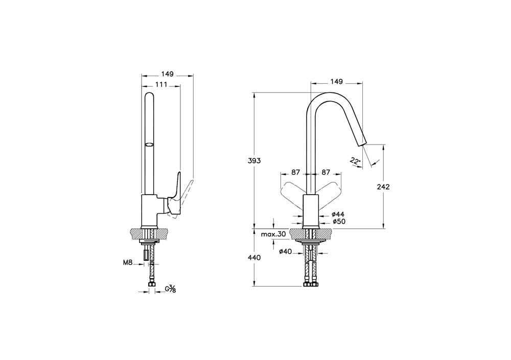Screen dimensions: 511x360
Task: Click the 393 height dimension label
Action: (x=254, y=161)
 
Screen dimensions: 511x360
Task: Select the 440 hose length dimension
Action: (x=254, y=258)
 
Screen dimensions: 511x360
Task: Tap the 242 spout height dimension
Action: (x=383, y=187)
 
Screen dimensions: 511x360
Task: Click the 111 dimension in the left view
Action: (x=161, y=85)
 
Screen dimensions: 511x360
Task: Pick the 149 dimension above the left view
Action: (x=167, y=74)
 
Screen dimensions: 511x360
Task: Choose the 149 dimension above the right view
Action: (x=337, y=82)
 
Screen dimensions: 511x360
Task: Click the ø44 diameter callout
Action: (x=338, y=214)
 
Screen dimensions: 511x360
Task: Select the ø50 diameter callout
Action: (x=339, y=222)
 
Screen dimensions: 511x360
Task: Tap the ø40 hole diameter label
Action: (x=285, y=252)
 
